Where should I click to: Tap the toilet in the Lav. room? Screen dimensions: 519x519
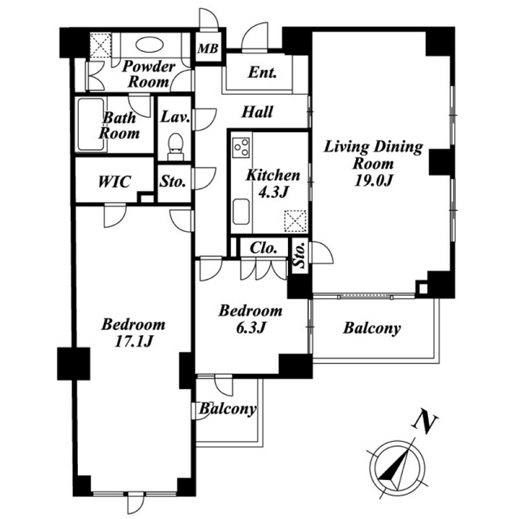point(175,147)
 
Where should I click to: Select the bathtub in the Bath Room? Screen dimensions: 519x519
point(90,125)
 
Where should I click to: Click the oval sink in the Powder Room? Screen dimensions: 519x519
point(149,44)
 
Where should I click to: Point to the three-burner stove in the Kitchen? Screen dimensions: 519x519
point(241,146)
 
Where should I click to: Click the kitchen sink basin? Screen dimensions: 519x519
point(241,212)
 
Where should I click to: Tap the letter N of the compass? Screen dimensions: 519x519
point(425,421)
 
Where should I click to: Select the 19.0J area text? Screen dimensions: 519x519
point(373,180)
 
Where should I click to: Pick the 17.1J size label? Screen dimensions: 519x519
point(133,341)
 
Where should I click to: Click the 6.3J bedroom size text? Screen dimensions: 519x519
point(251,328)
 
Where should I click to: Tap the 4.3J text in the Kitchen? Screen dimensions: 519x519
point(272,192)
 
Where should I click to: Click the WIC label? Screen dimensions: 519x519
point(114,182)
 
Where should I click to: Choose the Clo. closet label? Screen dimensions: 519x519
point(264,247)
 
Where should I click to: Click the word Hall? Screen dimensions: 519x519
point(257,112)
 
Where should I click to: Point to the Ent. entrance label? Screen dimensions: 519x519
point(262,72)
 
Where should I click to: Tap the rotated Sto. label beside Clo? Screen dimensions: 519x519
point(299,255)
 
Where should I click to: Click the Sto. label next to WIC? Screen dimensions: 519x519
point(173,182)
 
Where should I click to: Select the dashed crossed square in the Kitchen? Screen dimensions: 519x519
point(295,221)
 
